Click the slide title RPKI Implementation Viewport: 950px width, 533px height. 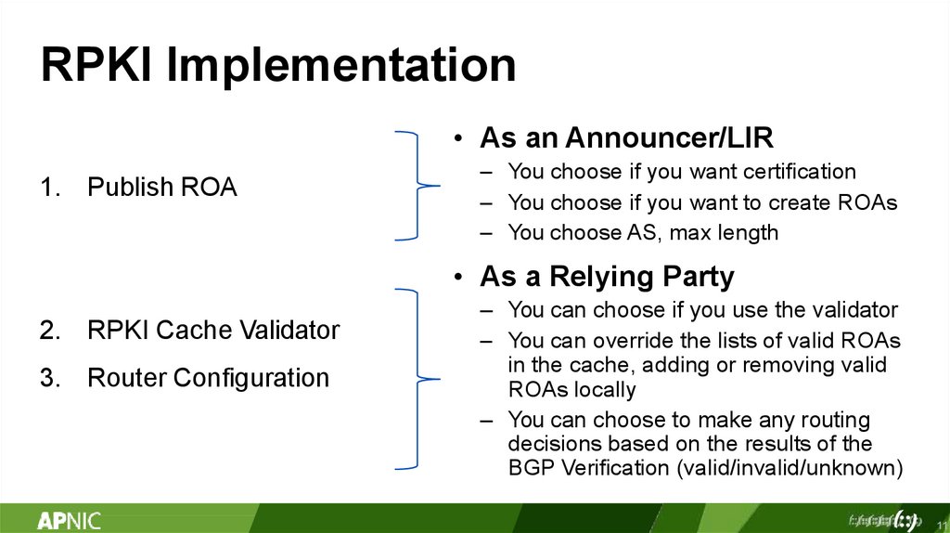(x=277, y=67)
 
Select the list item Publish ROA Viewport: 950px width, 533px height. (x=162, y=188)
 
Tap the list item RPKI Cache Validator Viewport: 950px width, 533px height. (x=213, y=330)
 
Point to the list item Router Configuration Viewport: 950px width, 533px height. (x=208, y=378)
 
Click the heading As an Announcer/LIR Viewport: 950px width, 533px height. (x=626, y=138)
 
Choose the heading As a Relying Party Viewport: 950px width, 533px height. (x=607, y=277)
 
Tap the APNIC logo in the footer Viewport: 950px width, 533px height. (x=70, y=520)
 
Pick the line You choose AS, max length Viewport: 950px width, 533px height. (x=643, y=233)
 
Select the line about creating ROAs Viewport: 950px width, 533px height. (x=702, y=202)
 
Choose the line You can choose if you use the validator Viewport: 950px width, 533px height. (x=702, y=309)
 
